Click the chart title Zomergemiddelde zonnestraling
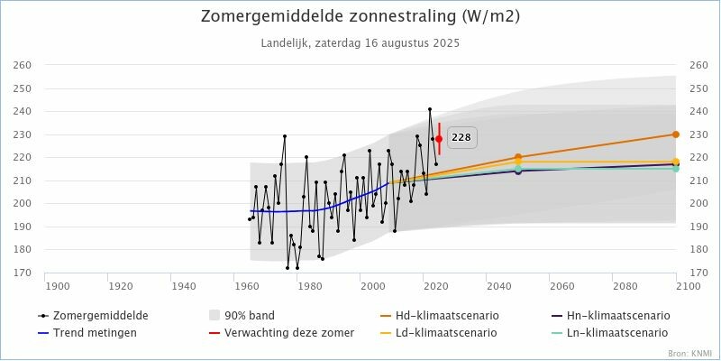point(360,16)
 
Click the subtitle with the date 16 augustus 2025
point(360,42)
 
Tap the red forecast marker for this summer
point(439,139)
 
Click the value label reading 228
point(461,137)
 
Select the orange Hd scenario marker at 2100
point(676,134)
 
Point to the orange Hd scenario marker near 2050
point(518,157)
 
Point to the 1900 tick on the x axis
point(58,285)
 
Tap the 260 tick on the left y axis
point(22,65)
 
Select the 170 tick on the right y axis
point(698,273)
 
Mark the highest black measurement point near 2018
point(430,109)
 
